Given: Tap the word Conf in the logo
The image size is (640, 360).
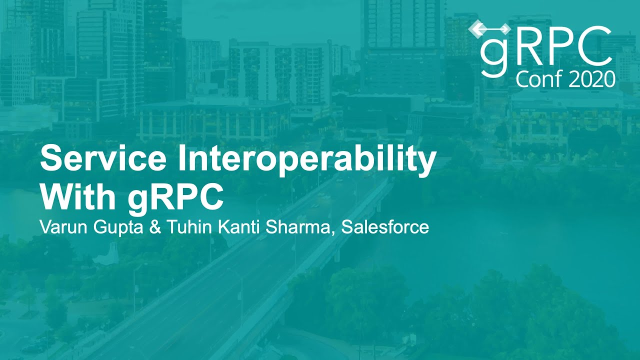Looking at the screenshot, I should click(537, 79).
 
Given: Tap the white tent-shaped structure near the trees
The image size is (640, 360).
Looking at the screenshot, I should click(106, 254).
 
